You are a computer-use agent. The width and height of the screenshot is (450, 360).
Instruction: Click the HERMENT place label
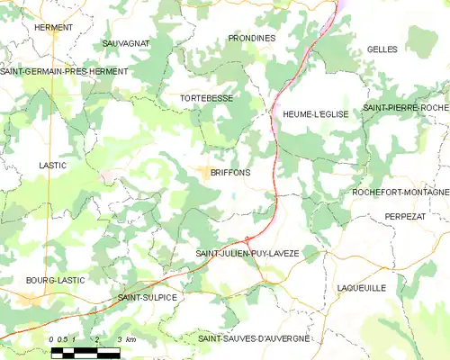click(x=53, y=28)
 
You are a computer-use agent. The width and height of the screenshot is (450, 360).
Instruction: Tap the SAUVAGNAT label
click(x=126, y=43)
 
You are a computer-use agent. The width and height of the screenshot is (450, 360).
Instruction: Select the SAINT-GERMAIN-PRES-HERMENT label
click(x=64, y=71)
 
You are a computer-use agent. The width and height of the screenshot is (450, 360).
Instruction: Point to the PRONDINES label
click(x=252, y=38)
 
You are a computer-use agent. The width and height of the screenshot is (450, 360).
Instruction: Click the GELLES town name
click(x=382, y=49)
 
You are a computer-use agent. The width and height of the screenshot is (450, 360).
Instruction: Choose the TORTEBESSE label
click(x=208, y=96)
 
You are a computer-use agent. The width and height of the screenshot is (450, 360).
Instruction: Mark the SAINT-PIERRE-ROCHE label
click(x=406, y=108)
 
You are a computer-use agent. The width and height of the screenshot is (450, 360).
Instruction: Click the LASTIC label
click(x=54, y=166)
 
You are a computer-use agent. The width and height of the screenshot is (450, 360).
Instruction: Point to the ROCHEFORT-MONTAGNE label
click(x=401, y=193)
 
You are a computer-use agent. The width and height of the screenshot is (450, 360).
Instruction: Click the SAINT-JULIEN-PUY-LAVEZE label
click(x=247, y=254)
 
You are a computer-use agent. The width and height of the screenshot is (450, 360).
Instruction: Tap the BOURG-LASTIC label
click(x=55, y=280)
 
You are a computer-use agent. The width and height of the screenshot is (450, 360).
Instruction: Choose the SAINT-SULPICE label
click(x=148, y=296)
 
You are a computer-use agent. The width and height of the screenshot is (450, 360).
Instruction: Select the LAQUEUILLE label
click(x=360, y=288)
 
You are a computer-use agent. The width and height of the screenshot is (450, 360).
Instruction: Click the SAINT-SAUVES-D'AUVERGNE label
click(x=253, y=337)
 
